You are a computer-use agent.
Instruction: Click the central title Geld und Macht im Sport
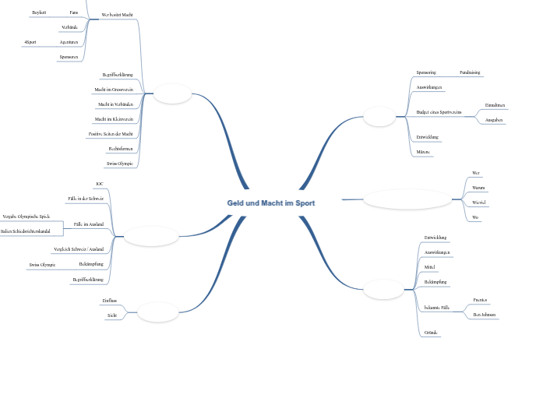click(271, 202)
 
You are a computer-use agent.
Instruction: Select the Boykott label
click(39, 12)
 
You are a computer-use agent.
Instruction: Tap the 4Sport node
click(30, 41)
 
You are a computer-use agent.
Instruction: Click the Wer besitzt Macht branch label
click(117, 15)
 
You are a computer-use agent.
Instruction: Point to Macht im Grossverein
click(114, 90)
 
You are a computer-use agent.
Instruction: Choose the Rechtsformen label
click(121, 148)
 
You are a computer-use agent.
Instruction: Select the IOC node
click(99, 184)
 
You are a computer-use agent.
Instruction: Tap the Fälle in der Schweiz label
click(86, 199)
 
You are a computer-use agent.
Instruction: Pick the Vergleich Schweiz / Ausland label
click(79, 248)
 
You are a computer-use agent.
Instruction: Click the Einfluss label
click(109, 300)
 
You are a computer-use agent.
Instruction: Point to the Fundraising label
click(469, 72)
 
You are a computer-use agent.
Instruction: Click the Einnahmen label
click(495, 104)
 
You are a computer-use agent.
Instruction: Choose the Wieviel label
click(479, 202)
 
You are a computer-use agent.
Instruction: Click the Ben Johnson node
click(485, 314)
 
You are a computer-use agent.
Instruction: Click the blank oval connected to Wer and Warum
click(406, 199)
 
